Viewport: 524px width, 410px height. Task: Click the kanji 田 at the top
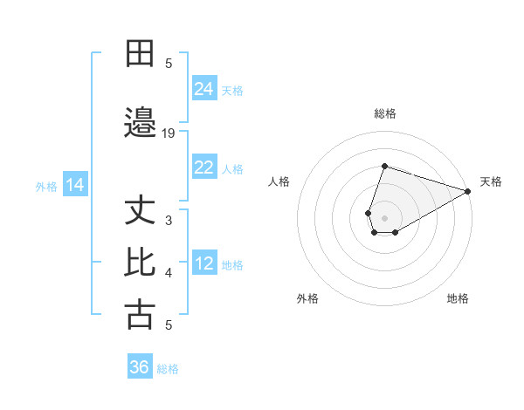point(140,54)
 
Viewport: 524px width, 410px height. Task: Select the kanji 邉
point(140,123)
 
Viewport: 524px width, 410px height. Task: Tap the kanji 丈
point(140,212)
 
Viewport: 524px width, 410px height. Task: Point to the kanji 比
point(140,263)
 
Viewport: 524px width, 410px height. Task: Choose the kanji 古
point(140,314)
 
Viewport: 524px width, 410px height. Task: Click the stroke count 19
point(169,133)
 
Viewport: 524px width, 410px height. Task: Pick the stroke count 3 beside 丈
point(169,221)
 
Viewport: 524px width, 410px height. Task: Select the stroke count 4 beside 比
point(169,273)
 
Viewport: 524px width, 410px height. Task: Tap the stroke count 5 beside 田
point(169,63)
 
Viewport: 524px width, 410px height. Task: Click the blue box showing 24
point(204,88)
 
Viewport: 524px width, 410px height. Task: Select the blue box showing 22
point(204,167)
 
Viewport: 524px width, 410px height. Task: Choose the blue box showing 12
point(204,263)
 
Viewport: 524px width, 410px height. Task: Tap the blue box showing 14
point(75,185)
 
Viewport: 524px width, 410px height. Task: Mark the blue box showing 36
point(140,367)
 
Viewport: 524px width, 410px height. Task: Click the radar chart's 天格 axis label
point(491,181)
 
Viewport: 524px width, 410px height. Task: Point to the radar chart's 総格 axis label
point(385,113)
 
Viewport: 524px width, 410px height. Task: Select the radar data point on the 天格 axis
point(469,191)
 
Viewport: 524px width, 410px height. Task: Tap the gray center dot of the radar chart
point(385,218)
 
